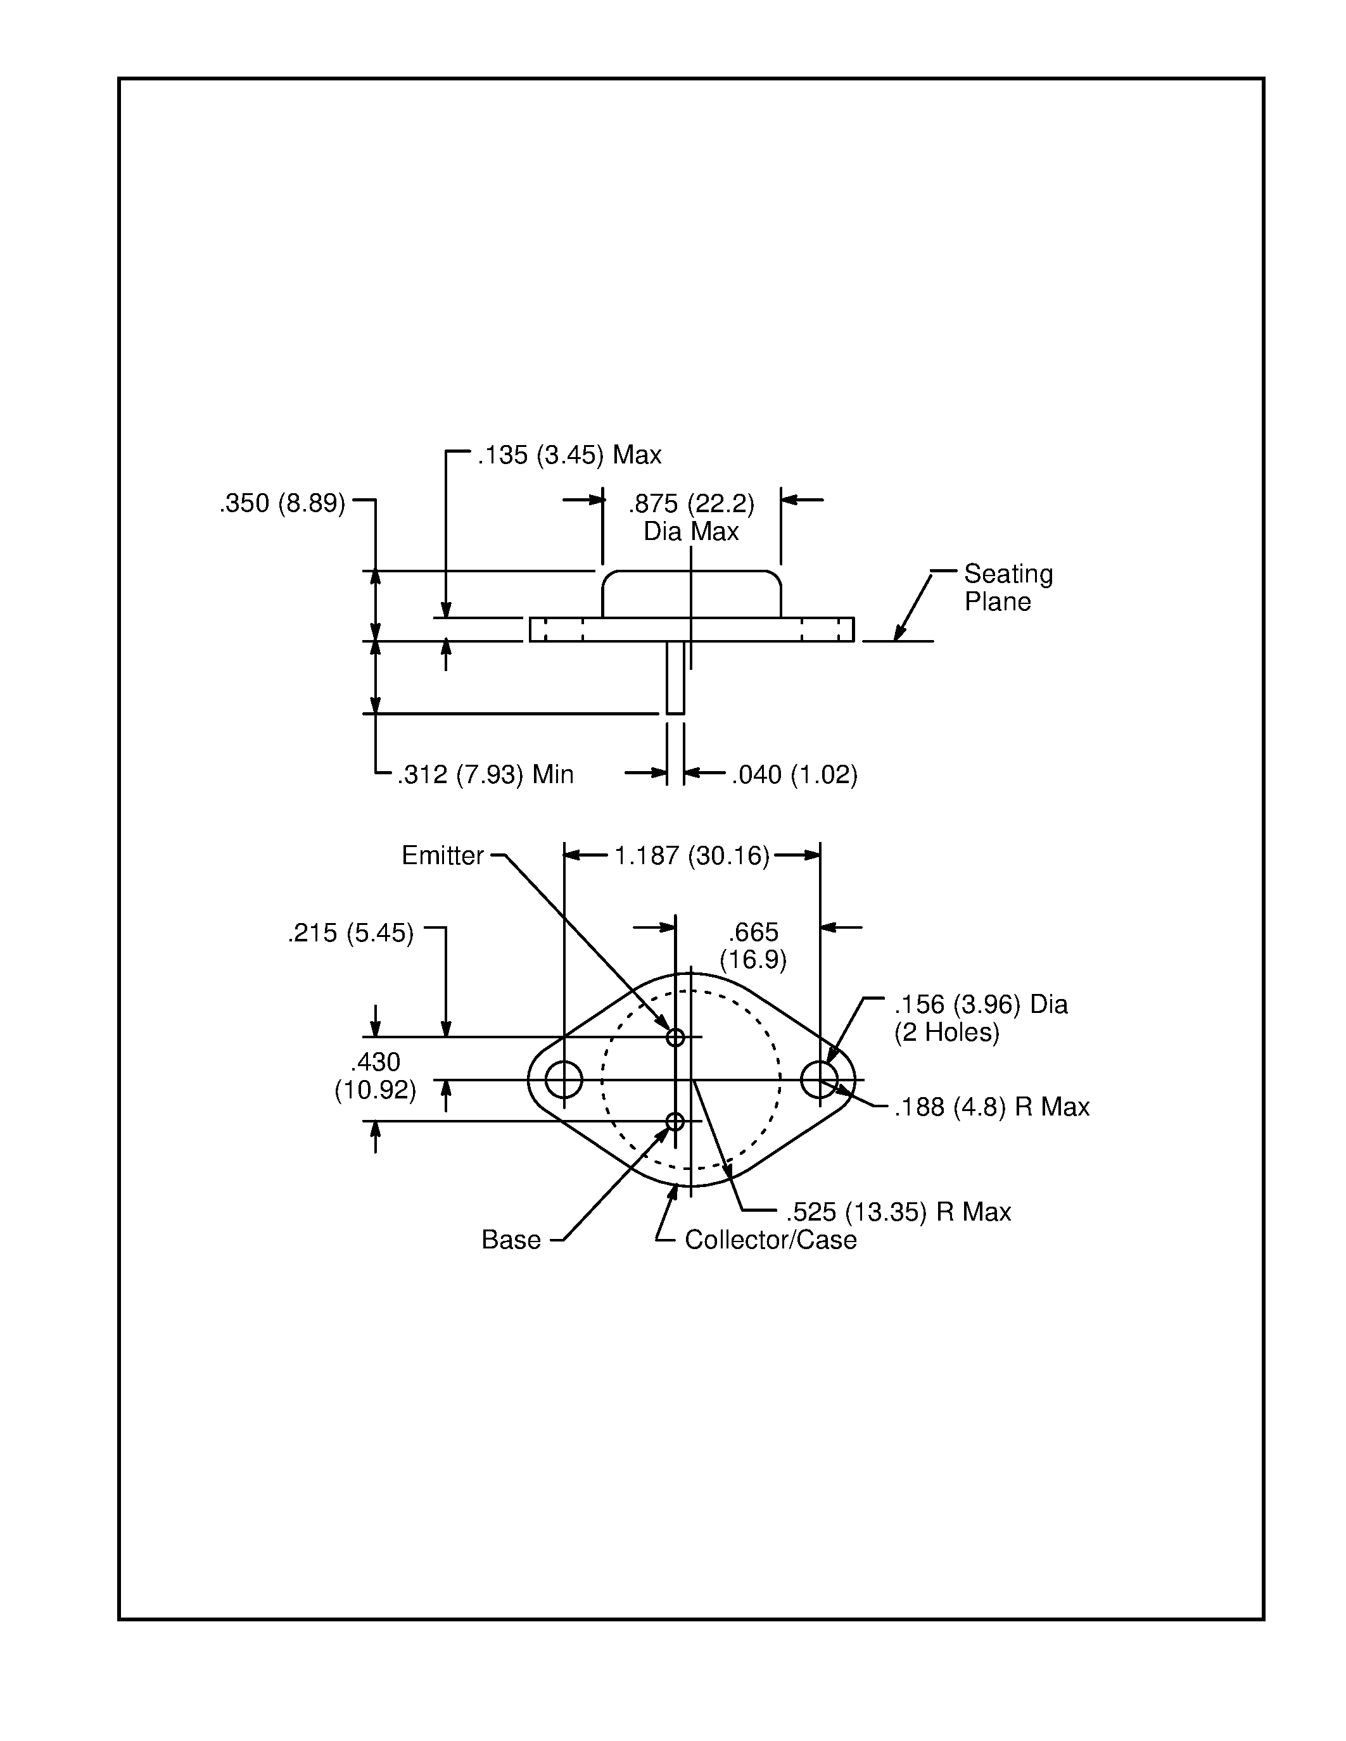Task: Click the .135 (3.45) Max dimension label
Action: pyautogui.click(x=569, y=455)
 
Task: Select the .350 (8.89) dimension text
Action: pyautogui.click(x=283, y=504)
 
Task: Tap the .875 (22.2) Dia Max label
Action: pyautogui.click(x=690, y=517)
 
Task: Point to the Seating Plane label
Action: pyautogui.click(x=1008, y=588)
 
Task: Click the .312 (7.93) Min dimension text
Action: pyautogui.click(x=486, y=774)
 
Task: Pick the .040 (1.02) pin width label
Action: pyautogui.click(x=794, y=774)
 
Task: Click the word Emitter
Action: pyautogui.click(x=443, y=855)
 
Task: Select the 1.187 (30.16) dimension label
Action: pyautogui.click(x=691, y=856)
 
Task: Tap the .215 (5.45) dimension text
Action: pyautogui.click(x=351, y=933)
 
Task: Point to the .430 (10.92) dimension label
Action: pyautogui.click(x=375, y=1076)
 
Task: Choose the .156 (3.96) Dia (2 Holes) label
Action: pyautogui.click(x=980, y=1018)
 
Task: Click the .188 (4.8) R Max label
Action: pyautogui.click(x=991, y=1107)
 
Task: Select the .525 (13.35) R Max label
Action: pyautogui.click(x=898, y=1212)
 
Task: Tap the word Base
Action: pyautogui.click(x=511, y=1240)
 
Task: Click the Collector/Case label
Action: pyautogui.click(x=770, y=1240)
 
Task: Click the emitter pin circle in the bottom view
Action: pyautogui.click(x=675, y=1037)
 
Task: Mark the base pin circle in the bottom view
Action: pyautogui.click(x=675, y=1122)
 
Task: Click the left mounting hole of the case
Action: pyautogui.click(x=564, y=1079)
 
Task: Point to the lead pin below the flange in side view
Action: pyautogui.click(x=675, y=677)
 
